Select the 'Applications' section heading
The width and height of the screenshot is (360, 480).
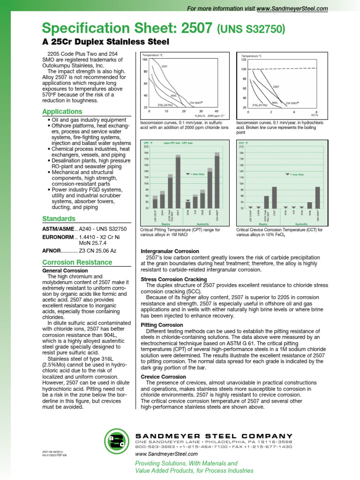click(x=62, y=112)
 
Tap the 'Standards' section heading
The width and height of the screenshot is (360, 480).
click(x=59, y=219)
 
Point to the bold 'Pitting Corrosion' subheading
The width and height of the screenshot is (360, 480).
click(x=163, y=324)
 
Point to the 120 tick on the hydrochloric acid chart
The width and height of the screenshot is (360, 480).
click(x=243, y=60)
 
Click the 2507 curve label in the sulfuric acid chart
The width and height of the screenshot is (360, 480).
click(x=164, y=67)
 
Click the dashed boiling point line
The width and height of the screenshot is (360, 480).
click(x=281, y=69)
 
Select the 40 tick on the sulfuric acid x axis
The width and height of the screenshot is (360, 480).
click(x=216, y=111)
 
